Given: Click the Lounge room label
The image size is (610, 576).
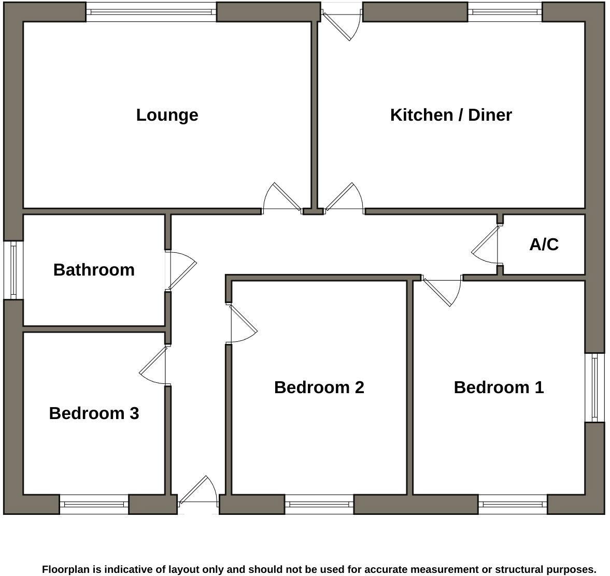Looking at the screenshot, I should coord(167,114).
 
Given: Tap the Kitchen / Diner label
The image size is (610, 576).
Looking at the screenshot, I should coord(451,114).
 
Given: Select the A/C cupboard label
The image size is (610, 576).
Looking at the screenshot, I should coord(544,244).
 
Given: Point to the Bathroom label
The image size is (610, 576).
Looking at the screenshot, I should coord(94,269).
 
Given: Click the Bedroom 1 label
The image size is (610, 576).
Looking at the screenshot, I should coord(499,387).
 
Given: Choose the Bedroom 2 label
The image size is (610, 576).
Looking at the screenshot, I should coord(319,387).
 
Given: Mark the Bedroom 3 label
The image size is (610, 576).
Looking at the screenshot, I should coord(94,413).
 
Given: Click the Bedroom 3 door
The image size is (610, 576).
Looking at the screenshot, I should coord(153,366).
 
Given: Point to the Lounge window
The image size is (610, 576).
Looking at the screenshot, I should coord(151,11).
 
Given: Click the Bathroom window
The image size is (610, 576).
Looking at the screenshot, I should coord(13,270).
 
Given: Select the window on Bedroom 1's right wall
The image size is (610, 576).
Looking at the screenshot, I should coord(594,387).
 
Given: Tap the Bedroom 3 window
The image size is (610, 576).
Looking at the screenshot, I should coord(94,503).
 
